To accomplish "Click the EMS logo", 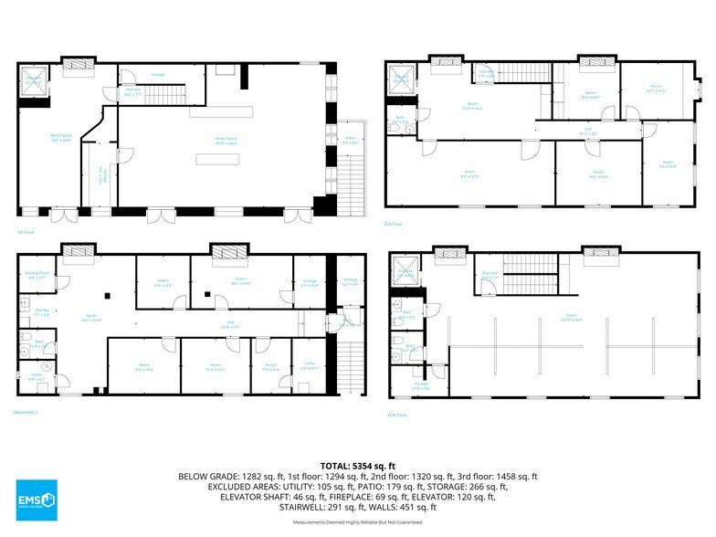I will [37, 500].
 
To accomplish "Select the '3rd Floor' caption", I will [394, 223].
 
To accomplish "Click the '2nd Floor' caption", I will [396, 415].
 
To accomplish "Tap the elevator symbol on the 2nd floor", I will [403, 270].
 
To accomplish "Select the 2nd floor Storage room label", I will [420, 386].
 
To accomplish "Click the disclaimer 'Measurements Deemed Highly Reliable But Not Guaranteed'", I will [358, 521].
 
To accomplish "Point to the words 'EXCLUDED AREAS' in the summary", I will [237, 487].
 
